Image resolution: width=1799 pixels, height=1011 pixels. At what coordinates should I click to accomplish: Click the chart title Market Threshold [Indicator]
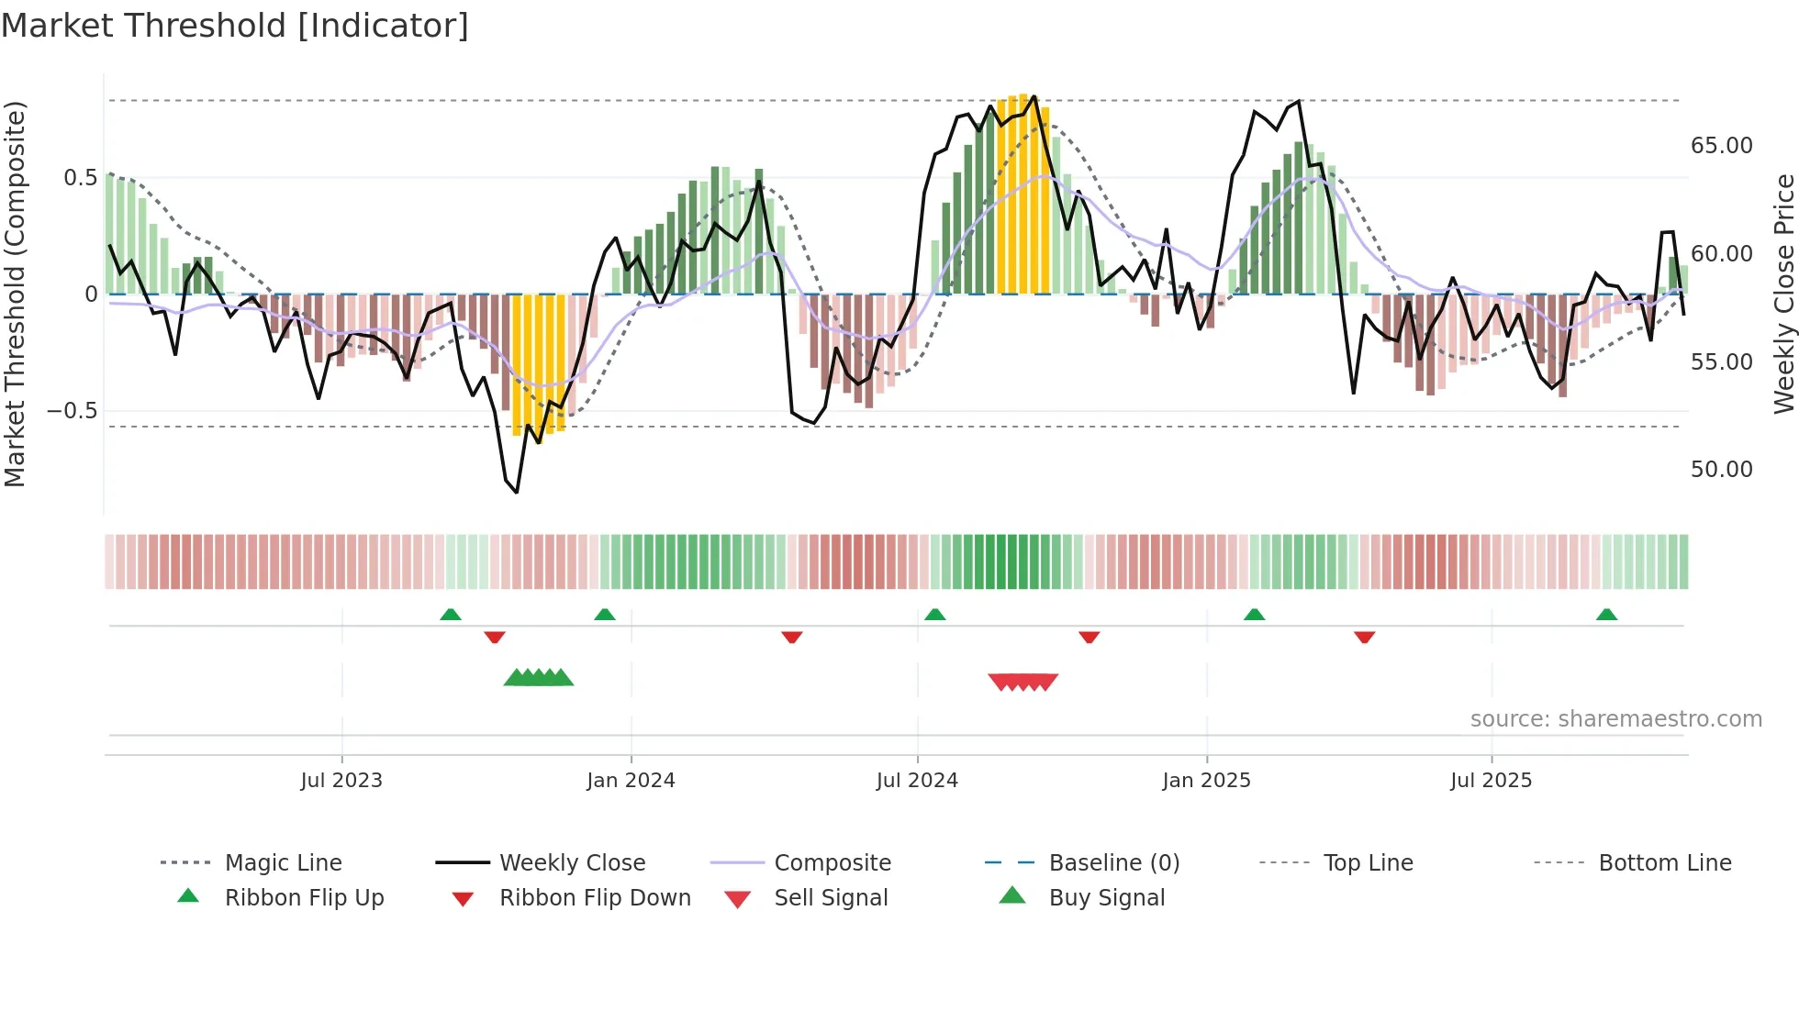[235, 26]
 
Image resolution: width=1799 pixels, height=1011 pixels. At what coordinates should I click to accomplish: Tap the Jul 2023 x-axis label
[341, 781]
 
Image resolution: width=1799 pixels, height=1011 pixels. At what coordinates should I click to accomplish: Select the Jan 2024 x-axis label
[631, 781]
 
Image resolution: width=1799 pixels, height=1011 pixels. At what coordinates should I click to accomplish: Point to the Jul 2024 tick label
[917, 781]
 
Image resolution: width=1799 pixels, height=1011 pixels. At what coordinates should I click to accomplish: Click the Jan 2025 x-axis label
[1206, 781]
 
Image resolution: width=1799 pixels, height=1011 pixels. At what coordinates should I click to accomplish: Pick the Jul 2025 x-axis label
[1492, 781]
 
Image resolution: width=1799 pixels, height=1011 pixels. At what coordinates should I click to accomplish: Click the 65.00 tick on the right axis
[1721, 146]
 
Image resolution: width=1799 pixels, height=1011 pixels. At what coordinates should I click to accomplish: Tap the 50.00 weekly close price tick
[1721, 470]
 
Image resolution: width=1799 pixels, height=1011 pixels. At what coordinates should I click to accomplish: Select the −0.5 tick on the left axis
[72, 410]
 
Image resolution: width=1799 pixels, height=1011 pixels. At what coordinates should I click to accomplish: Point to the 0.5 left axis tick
[80, 177]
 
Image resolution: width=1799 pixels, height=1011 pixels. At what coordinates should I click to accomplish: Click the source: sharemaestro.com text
[1615, 719]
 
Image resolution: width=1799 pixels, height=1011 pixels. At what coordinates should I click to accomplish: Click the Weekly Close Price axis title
[1783, 294]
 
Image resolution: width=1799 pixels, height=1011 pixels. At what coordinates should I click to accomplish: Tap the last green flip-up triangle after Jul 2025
[1606, 615]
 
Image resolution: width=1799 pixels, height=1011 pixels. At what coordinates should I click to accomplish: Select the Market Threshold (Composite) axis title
[16, 294]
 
